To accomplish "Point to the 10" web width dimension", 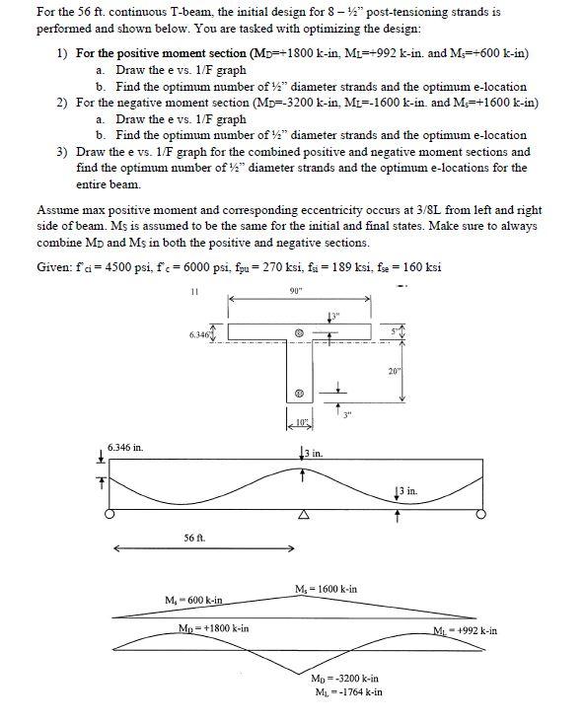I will (x=301, y=423).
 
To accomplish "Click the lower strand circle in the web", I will (x=299, y=396).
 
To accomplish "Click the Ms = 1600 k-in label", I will (x=326, y=589).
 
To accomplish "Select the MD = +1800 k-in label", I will (x=213, y=628).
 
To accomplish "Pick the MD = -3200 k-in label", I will (x=345, y=679).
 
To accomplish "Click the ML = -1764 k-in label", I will (x=346, y=692).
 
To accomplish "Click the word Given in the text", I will (x=54, y=267).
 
